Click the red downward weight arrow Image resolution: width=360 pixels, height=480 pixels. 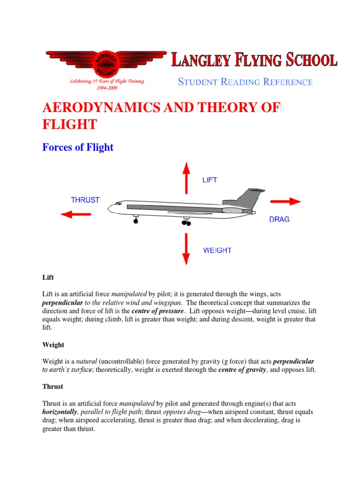pyautogui.click(x=186, y=249)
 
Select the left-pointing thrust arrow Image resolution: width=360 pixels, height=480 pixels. pyautogui.click(x=76, y=214)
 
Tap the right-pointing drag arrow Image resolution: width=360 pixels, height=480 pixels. pyautogui.click(x=285, y=201)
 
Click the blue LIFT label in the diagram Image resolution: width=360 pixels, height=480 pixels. pyautogui.click(x=210, y=180)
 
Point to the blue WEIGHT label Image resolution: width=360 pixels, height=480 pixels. pyautogui.click(x=217, y=250)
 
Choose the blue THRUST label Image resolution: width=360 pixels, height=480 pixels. pyautogui.click(x=85, y=200)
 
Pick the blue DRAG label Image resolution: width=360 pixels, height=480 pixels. pyautogui.click(x=279, y=219)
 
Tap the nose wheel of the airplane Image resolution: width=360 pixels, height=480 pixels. pyautogui.click(x=136, y=220)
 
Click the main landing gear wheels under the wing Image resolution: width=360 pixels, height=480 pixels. pyautogui.click(x=186, y=223)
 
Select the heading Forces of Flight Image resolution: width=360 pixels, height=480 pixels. pyautogui.click(x=78, y=147)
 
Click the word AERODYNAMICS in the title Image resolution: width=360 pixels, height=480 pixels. pyautogui.click(x=103, y=107)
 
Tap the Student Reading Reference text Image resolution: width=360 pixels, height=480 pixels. pyautogui.click(x=245, y=82)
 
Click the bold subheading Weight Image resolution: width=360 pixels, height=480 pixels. pyautogui.click(x=53, y=345)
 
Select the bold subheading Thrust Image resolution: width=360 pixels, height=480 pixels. pyautogui.click(x=53, y=387)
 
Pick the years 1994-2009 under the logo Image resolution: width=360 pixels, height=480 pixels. pyautogui.click(x=106, y=88)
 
